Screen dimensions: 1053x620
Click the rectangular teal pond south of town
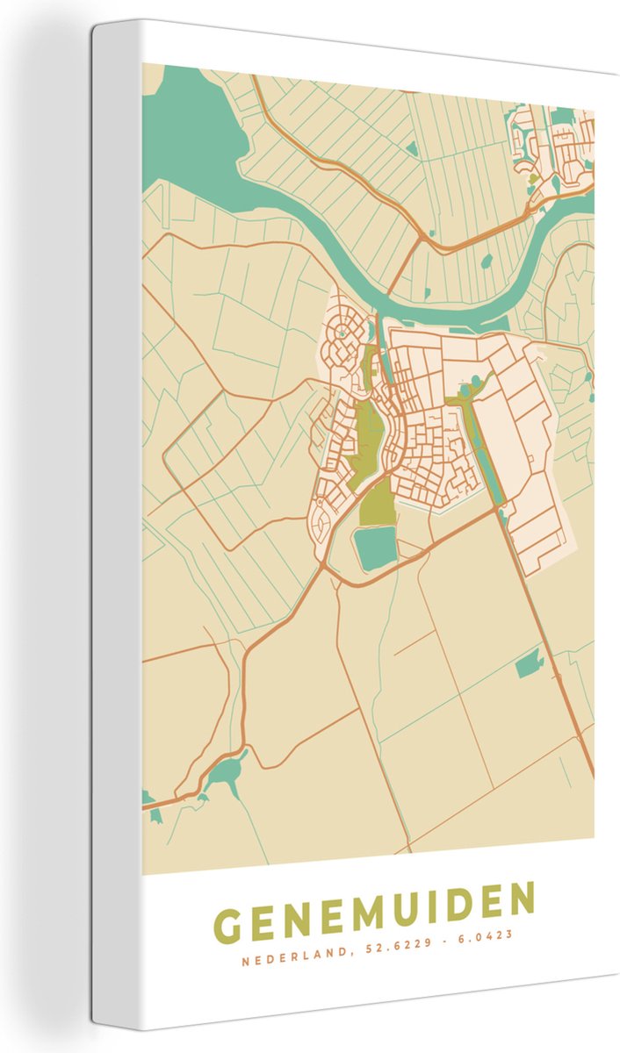pos(375,548)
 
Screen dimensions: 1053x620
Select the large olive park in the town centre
pos(369,434)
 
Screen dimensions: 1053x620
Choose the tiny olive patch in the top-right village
pos(533,178)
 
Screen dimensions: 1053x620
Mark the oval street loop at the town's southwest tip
pos(322,526)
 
